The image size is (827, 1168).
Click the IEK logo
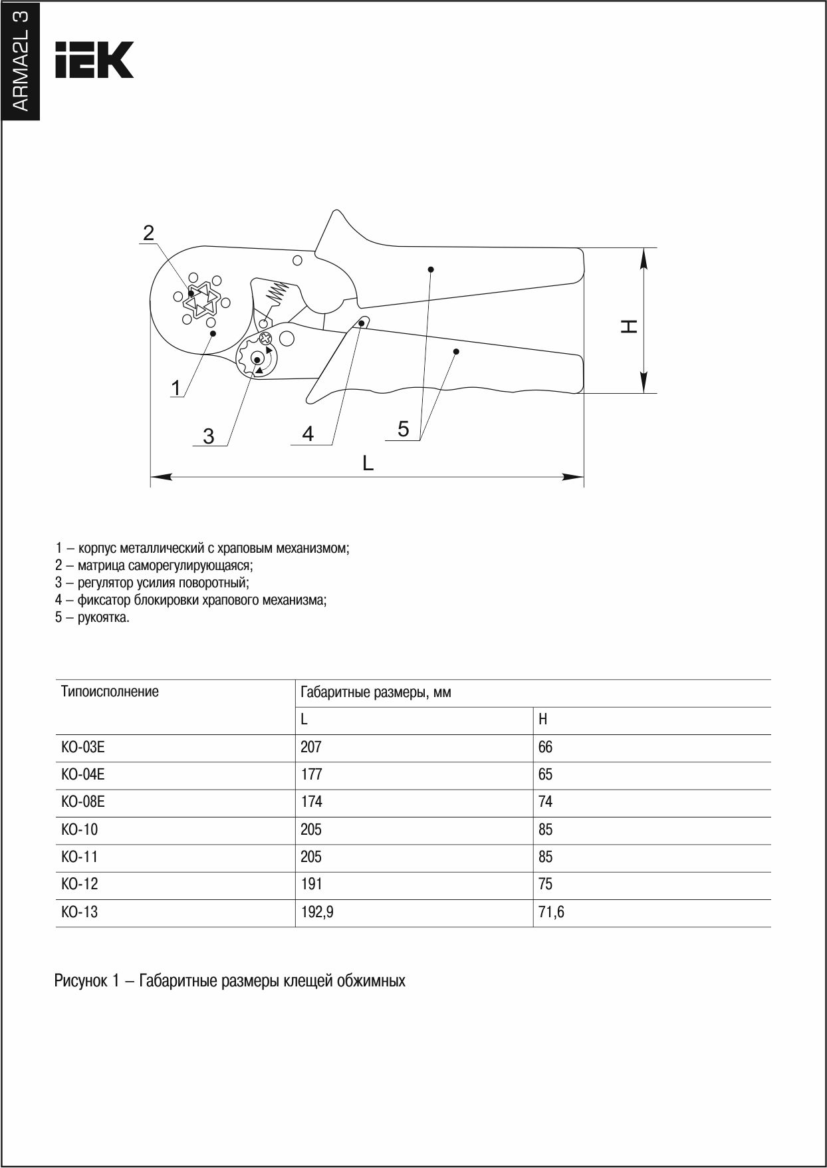tap(94, 60)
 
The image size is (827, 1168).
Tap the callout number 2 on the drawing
tap(149, 232)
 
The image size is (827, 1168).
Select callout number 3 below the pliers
tap(209, 436)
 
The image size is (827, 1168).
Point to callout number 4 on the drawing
tap(308, 434)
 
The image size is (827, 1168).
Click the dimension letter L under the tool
tap(368, 463)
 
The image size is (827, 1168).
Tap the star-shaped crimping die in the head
tap(202, 299)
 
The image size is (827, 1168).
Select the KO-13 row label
tap(79, 912)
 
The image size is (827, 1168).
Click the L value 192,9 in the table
tap(316, 912)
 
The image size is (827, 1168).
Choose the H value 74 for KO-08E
tap(545, 802)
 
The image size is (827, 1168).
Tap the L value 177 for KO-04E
tap(310, 774)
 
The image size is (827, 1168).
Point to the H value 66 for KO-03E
tap(545, 747)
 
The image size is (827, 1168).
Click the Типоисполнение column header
tap(110, 691)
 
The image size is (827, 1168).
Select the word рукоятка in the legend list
tap(103, 617)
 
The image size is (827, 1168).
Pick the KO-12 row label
tap(79, 884)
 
